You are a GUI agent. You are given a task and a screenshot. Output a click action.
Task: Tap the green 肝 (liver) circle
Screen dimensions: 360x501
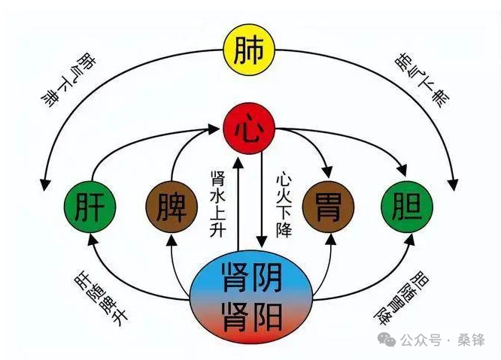click(x=90, y=204)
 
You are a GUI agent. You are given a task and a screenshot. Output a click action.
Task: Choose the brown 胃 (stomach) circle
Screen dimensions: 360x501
click(x=329, y=204)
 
